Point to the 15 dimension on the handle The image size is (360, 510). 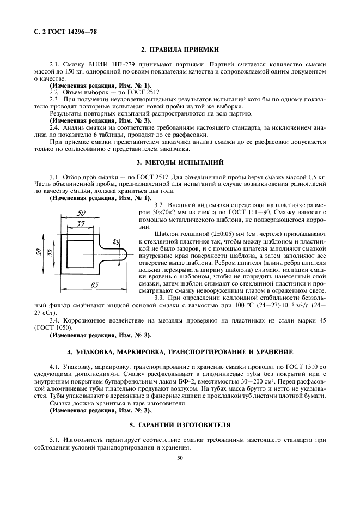[x=115, y=241]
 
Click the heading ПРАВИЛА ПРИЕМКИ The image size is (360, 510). [x=180, y=50]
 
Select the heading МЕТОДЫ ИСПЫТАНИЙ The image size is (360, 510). [x=180, y=162]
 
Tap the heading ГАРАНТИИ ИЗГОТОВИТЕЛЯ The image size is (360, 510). [x=180, y=423]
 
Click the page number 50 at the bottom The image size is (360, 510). [x=180, y=458]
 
